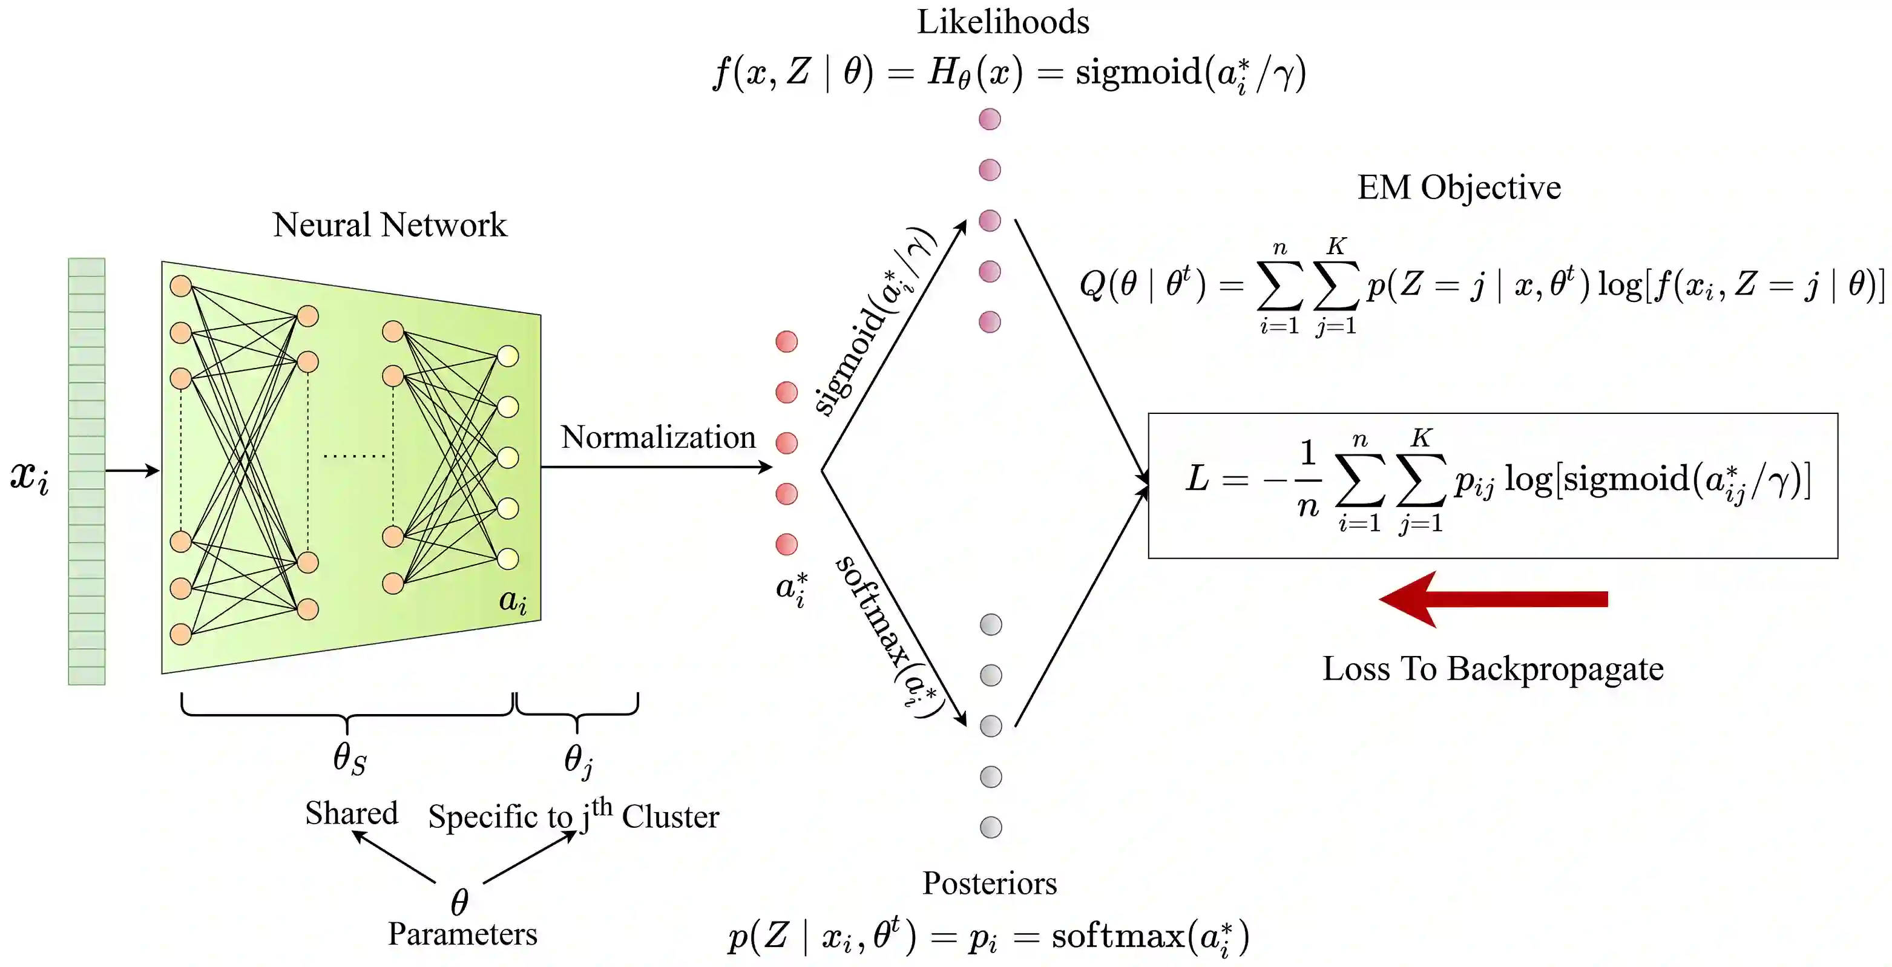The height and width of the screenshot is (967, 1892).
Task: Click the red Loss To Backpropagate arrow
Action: [1491, 599]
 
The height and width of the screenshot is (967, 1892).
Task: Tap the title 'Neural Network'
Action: [389, 225]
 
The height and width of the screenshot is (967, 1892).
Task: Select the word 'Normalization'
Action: [658, 438]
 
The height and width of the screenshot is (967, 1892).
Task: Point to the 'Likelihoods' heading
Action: [1002, 22]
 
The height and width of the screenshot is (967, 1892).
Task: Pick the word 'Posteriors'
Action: [990, 883]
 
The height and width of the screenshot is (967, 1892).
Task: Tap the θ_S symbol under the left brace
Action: [349, 758]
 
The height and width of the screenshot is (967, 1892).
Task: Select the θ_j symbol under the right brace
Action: [578, 759]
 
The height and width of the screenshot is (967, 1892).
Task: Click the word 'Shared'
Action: [351, 813]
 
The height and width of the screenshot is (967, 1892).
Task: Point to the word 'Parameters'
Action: [463, 934]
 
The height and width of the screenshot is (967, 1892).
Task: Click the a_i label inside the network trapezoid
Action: [513, 602]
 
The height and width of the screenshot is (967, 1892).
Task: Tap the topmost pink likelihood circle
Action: [990, 119]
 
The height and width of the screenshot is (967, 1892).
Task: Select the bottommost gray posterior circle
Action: [991, 827]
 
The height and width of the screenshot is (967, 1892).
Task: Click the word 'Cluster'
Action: [670, 817]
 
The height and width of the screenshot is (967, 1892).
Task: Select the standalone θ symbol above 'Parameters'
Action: [459, 902]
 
